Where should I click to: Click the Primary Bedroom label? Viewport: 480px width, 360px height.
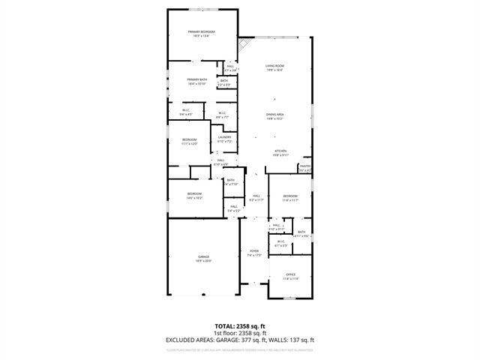202,31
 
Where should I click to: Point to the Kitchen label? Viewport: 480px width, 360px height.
281,152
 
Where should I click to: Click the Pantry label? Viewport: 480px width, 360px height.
305,167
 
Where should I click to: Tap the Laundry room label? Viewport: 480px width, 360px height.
224,138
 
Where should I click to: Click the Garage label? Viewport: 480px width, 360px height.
203,258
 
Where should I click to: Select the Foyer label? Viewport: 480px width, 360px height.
254,253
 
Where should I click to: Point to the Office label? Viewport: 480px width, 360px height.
291,275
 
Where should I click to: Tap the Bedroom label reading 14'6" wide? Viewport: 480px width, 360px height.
194,195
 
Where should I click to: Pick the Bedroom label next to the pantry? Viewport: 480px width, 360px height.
290,197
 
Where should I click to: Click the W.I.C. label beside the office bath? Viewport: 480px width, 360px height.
280,243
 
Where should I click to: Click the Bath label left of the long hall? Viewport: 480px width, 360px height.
231,181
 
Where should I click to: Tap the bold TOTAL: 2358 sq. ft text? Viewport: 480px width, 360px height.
239,326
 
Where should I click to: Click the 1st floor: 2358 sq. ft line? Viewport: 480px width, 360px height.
239,332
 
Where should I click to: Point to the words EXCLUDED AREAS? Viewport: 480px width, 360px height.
187,340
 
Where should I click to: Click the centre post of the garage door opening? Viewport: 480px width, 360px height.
203,295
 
